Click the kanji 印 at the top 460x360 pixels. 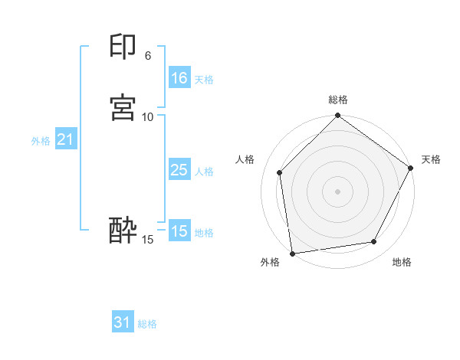click(123, 47)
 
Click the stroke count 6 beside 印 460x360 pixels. click(147, 56)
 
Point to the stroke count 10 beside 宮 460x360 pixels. click(148, 116)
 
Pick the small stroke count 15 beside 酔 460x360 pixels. click(148, 240)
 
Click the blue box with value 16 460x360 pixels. click(179, 78)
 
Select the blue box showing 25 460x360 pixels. click(179, 170)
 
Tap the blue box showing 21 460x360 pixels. click(65, 139)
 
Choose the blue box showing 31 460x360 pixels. click(123, 323)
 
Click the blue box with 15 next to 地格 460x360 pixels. click(179, 231)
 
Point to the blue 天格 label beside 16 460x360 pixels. click(204, 80)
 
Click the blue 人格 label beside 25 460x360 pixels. click(204, 172)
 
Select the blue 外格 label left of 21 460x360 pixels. click(41, 141)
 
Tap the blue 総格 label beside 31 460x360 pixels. click(147, 325)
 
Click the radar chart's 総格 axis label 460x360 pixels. click(338, 100)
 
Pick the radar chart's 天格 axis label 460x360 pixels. click(431, 159)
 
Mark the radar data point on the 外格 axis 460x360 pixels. click(292, 253)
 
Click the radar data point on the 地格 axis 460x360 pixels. click(374, 241)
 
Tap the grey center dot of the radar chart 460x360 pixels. click(338, 191)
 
